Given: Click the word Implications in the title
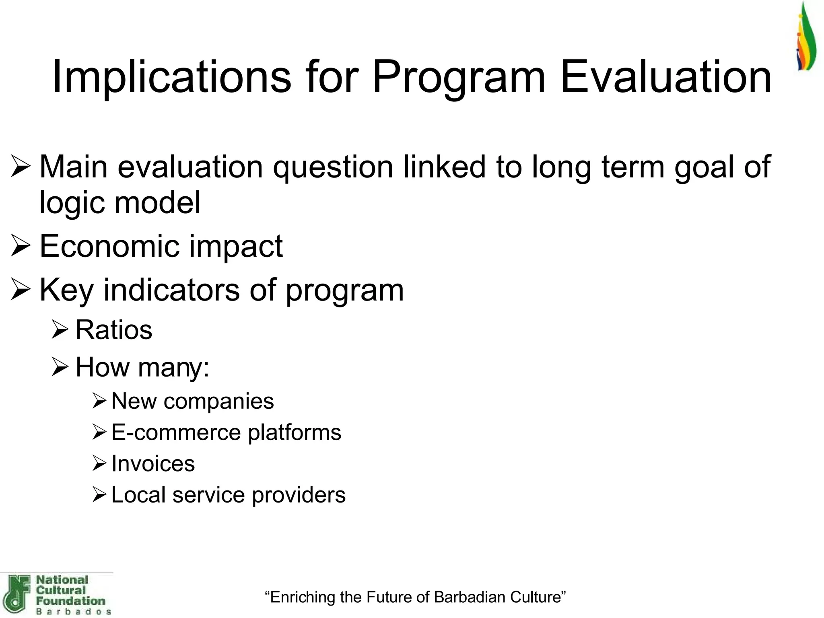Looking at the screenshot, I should [171, 76].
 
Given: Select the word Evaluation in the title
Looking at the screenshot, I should [665, 76].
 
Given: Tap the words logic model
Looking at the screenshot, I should [120, 202].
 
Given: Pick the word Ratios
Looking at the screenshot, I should [114, 330].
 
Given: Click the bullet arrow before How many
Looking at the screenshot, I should [60, 367].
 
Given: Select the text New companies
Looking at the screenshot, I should [192, 401].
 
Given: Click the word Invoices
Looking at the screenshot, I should [153, 463].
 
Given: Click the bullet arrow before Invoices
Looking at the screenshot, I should [99, 463].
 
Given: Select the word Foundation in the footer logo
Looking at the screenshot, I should [70, 601].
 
